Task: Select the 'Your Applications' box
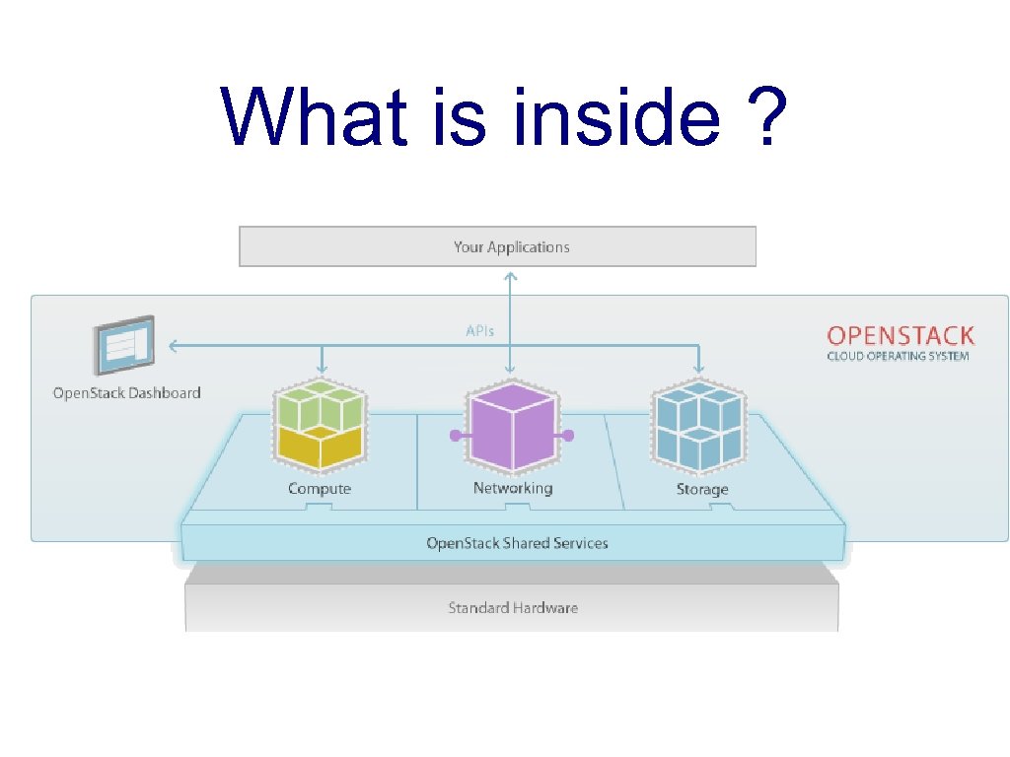click(x=497, y=246)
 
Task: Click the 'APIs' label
click(x=480, y=331)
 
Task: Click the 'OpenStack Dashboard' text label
click(x=126, y=393)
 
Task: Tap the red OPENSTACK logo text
click(x=901, y=335)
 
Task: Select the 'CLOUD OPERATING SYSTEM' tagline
click(x=898, y=356)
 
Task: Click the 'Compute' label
click(x=319, y=489)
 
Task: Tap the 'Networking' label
click(x=512, y=489)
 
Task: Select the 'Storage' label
click(x=701, y=489)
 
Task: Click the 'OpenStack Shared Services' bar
click(x=516, y=543)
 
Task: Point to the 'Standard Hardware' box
click(x=512, y=607)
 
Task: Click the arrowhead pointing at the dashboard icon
click(x=173, y=345)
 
